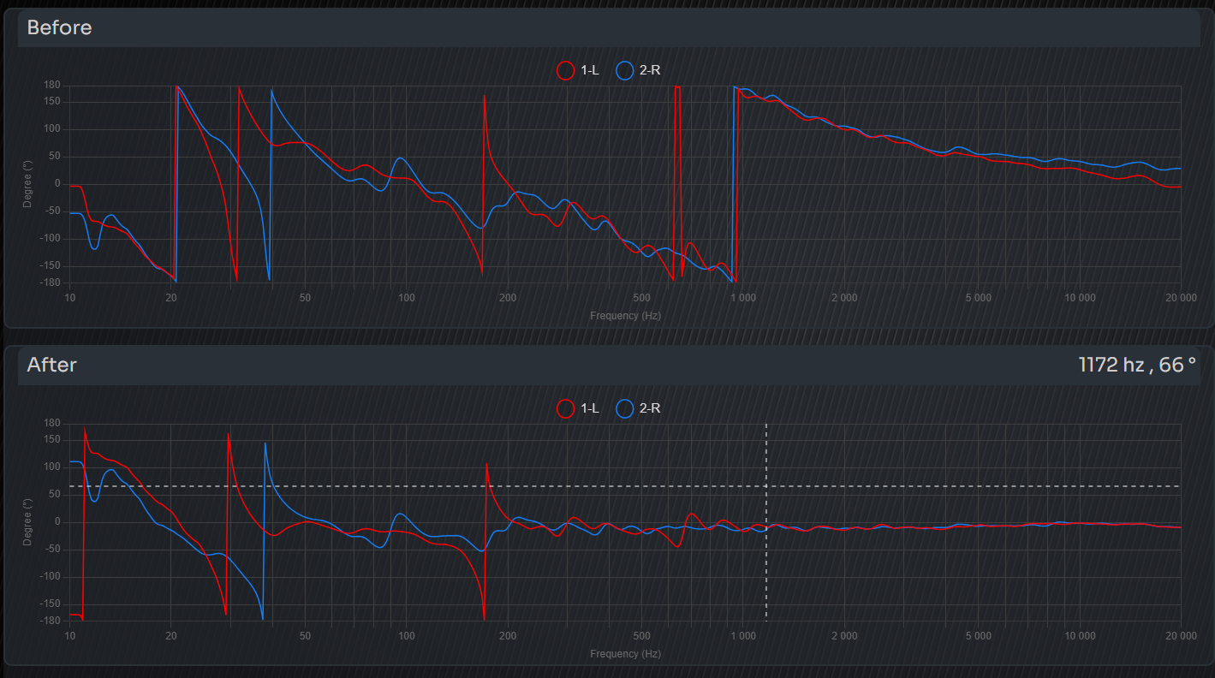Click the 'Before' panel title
(59, 27)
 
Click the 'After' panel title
(51, 365)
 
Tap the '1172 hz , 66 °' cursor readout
(1137, 365)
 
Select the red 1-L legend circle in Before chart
(565, 70)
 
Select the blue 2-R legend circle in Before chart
(625, 70)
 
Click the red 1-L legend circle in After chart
(565, 408)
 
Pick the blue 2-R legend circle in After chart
(625, 408)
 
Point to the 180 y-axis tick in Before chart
(51, 85)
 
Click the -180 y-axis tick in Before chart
(50, 282)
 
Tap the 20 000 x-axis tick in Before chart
(1181, 298)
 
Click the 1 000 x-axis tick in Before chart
(743, 298)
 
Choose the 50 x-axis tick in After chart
(305, 636)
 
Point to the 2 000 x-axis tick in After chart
(844, 636)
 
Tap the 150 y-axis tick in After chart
(51, 440)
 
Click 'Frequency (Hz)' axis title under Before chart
(625, 316)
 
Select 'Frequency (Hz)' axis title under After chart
(625, 654)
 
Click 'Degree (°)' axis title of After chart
(28, 521)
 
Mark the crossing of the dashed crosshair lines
(766, 486)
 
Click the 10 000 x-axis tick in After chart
(1080, 636)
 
